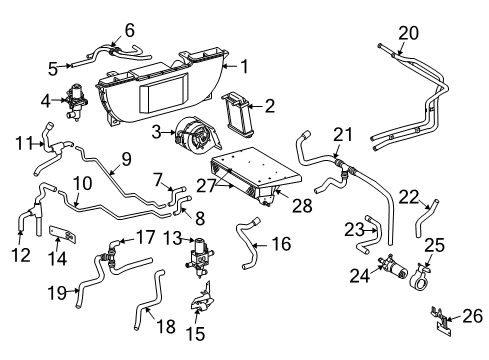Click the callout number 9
click(126, 156)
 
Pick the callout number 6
click(128, 29)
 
